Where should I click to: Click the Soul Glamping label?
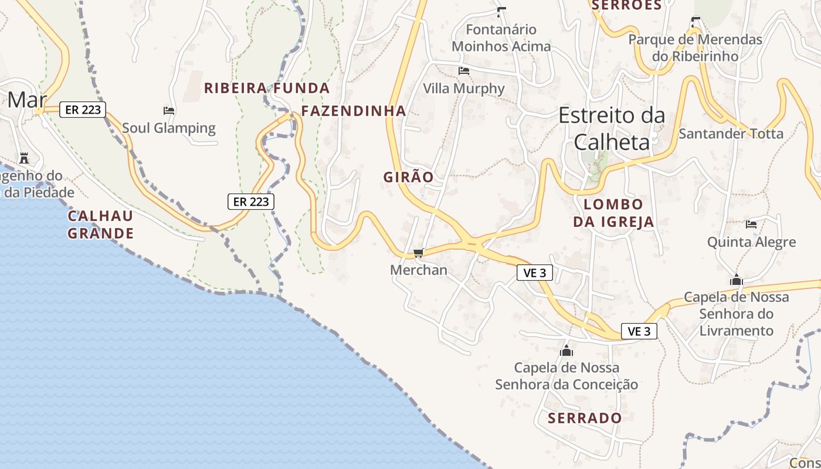point(169,128)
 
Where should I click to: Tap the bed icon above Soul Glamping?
point(169,110)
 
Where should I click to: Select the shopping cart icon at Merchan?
point(418,253)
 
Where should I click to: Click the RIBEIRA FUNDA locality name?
point(267,89)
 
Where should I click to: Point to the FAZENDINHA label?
point(354,111)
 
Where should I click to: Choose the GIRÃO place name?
point(409,177)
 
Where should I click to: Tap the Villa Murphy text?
point(464,89)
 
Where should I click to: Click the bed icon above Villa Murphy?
point(464,71)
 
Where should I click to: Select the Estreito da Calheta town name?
point(612,128)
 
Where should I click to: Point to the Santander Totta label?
point(731,134)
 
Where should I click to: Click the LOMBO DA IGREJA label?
point(613,213)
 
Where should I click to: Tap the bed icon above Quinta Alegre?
point(751,224)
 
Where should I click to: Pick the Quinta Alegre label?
point(751,242)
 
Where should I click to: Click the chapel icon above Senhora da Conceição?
point(566,351)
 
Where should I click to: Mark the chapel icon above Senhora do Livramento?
point(737,280)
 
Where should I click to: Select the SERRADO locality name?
point(585,418)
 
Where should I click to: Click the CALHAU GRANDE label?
point(100,225)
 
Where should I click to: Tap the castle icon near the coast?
point(24,158)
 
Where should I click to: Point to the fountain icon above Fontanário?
point(501,12)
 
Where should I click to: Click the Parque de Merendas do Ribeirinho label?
point(696,47)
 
